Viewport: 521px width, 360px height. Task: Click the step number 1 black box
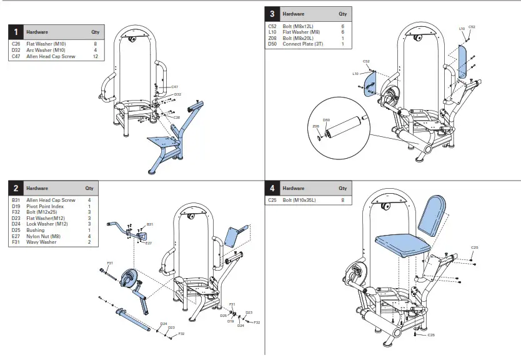(x=16, y=32)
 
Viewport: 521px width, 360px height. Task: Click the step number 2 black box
(x=16, y=188)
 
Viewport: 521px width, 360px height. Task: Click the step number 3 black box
(x=272, y=13)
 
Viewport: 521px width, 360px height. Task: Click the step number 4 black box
(x=272, y=188)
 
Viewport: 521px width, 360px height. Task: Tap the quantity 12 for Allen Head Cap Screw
(x=95, y=56)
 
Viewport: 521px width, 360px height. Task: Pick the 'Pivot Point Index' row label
(x=46, y=206)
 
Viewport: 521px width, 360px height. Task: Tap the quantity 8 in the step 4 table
(x=342, y=200)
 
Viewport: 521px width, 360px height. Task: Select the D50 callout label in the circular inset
(x=325, y=119)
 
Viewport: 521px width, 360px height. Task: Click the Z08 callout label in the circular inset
(x=316, y=126)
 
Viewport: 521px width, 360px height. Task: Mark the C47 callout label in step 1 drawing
(x=175, y=86)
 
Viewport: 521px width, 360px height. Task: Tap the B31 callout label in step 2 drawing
(x=149, y=224)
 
